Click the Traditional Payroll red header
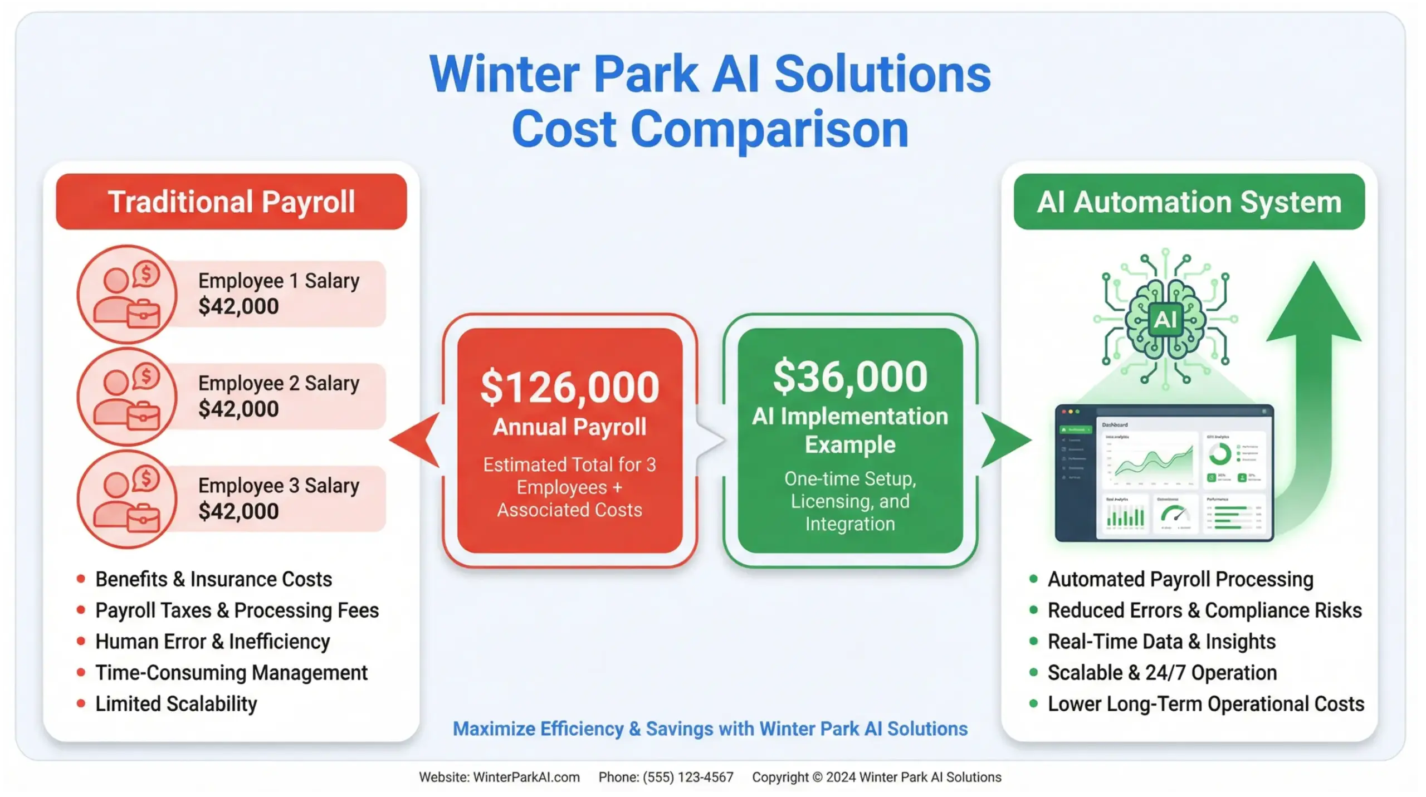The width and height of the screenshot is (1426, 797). click(231, 202)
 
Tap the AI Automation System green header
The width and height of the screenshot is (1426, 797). click(1189, 202)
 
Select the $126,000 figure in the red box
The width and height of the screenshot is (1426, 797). click(569, 387)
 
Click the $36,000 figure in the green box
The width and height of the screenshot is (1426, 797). click(850, 377)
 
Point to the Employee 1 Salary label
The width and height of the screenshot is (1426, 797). click(279, 281)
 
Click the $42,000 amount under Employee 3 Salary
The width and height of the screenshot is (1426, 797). click(238, 511)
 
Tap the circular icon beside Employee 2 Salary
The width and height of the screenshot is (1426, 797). click(127, 397)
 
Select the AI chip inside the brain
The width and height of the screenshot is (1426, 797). click(1165, 320)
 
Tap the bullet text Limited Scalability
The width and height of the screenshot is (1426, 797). click(176, 704)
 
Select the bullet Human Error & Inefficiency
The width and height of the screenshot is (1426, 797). click(212, 642)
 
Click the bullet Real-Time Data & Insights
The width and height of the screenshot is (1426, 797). click(1161, 642)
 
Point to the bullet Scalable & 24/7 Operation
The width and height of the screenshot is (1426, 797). click(1162, 673)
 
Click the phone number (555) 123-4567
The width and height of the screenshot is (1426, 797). click(688, 777)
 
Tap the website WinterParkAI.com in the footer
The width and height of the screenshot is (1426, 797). click(526, 777)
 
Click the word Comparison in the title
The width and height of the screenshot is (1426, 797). click(769, 129)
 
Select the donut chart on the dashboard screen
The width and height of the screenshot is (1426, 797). click(1219, 454)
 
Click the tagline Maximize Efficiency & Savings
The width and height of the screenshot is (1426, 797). click(710, 728)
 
